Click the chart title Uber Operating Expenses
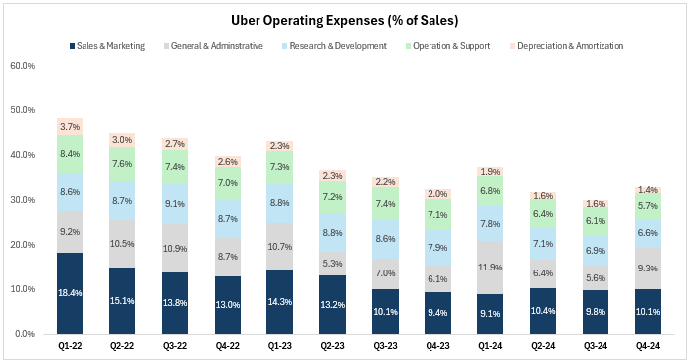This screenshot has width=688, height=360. tap(344, 20)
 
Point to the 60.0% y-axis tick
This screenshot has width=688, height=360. tap(22, 65)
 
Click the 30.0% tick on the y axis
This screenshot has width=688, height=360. tap(22, 200)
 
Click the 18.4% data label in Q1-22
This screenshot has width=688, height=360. tap(69, 293)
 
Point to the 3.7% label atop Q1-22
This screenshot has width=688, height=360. tap(69, 127)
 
